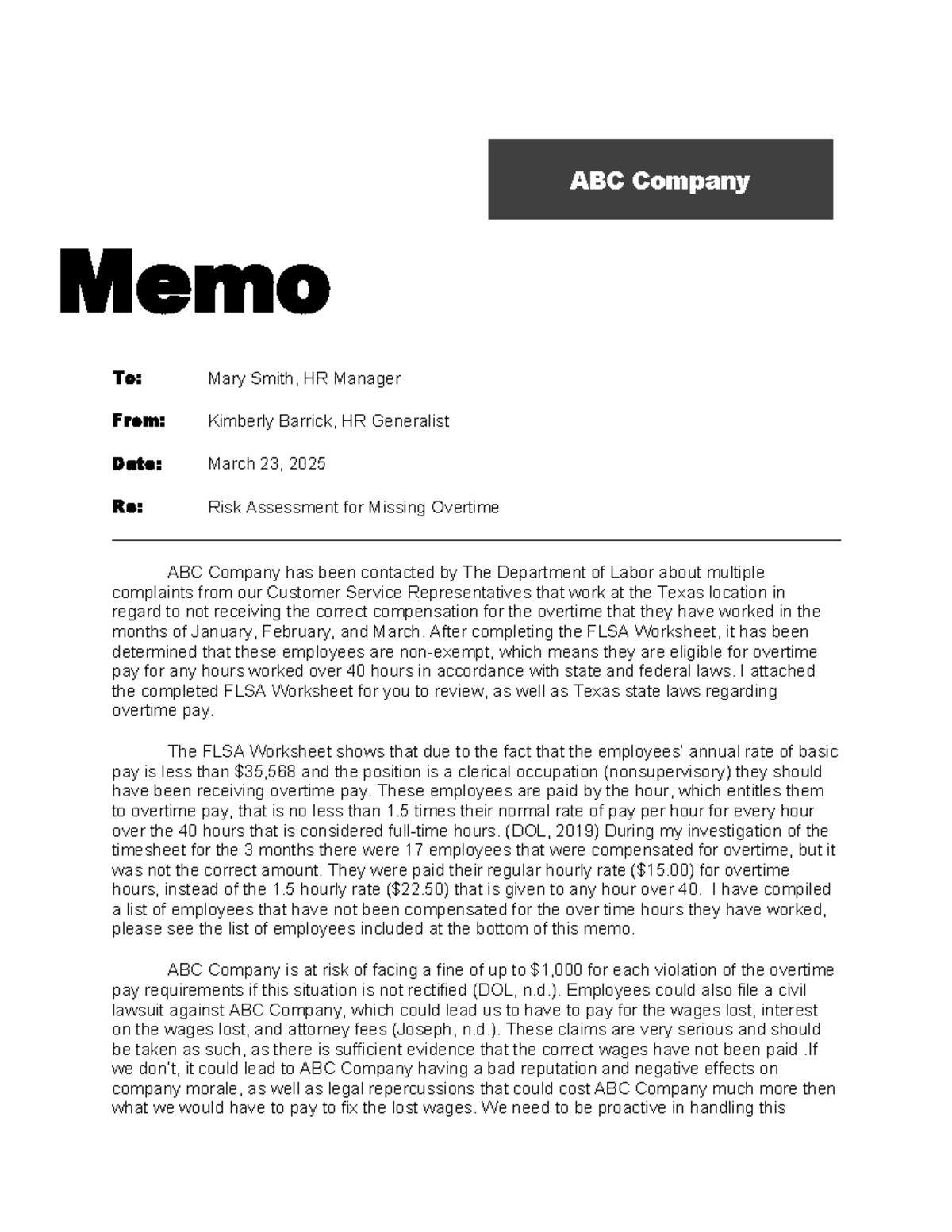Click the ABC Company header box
click(660, 179)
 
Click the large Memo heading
click(194, 282)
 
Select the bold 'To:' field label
click(127, 378)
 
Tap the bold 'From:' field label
click(138, 421)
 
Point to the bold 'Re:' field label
click(127, 507)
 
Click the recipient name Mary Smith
click(250, 378)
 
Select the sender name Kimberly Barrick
click(269, 421)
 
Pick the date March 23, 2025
click(267, 464)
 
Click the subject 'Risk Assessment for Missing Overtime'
click(353, 507)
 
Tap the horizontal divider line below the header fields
click(476, 540)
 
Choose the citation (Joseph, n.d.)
click(445, 1030)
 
